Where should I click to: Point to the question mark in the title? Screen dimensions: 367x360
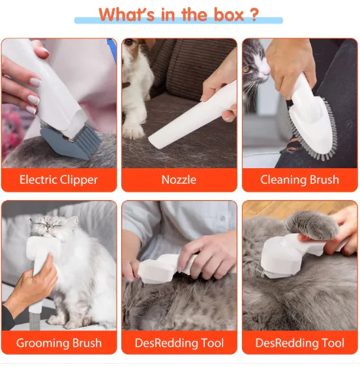(254, 14)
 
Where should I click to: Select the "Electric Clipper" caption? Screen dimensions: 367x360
(59, 180)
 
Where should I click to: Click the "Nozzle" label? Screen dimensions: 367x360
(179, 180)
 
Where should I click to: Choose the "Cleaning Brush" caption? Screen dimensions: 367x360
(299, 180)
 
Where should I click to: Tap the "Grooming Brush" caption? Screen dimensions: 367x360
(59, 343)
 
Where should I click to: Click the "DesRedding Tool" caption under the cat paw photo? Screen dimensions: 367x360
(299, 343)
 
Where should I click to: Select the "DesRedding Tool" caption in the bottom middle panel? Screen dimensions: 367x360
(179, 343)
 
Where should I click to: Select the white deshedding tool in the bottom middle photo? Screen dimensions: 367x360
(160, 267)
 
